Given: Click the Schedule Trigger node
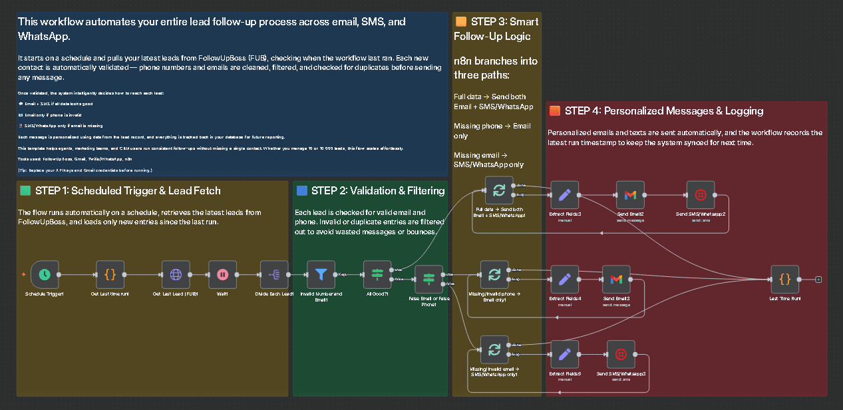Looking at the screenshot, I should click(x=44, y=274).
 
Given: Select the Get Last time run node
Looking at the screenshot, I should click(x=110, y=274).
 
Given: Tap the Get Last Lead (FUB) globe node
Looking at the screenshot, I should click(x=176, y=274).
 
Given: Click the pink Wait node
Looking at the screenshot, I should click(x=222, y=274).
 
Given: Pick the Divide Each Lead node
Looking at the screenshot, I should click(x=274, y=274).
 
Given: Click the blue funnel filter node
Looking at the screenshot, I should click(x=321, y=274).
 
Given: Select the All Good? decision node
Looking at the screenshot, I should click(x=377, y=274).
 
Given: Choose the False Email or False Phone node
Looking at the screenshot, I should click(x=428, y=279).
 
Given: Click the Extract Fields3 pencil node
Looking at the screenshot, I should click(x=565, y=195).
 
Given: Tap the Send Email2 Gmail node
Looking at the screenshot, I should click(x=630, y=195).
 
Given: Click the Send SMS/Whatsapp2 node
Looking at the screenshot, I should click(x=700, y=195).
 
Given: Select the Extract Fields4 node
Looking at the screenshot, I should click(x=565, y=279).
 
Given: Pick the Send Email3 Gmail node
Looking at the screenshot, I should click(x=616, y=279).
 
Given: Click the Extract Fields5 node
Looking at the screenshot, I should click(x=565, y=355).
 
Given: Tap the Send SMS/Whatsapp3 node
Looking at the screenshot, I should click(x=621, y=355).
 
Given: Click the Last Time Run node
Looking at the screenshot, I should click(x=785, y=279).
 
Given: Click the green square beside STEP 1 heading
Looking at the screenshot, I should click(x=25, y=191).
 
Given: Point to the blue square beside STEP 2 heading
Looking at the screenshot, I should click(x=301, y=191).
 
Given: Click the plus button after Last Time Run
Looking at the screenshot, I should click(x=818, y=279).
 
